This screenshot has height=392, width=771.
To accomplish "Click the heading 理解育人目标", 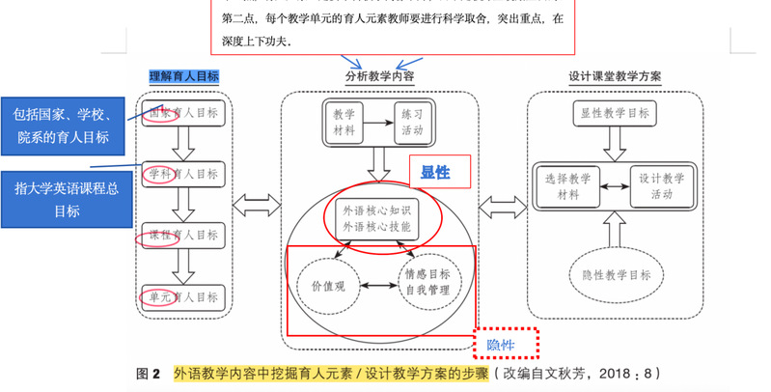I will coord(184,76).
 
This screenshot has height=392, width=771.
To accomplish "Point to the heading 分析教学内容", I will coord(380,76).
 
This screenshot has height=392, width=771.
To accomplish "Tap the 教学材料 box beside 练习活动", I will coord(344,122).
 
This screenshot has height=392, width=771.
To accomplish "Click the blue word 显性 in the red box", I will coord(436,173).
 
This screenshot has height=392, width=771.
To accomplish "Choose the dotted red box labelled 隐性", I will coord(507,345).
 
